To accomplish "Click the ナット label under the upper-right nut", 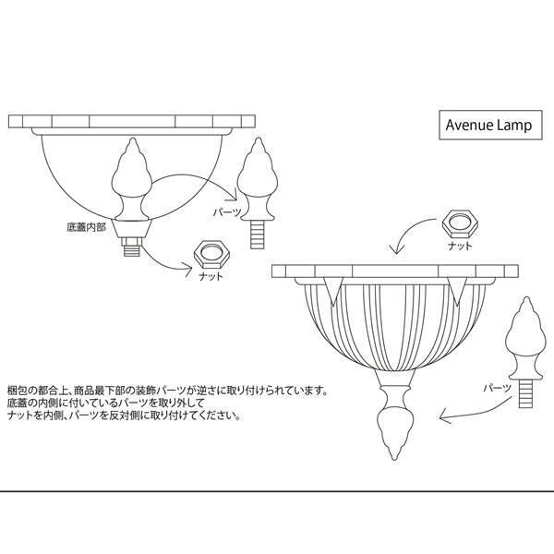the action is [459, 247].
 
